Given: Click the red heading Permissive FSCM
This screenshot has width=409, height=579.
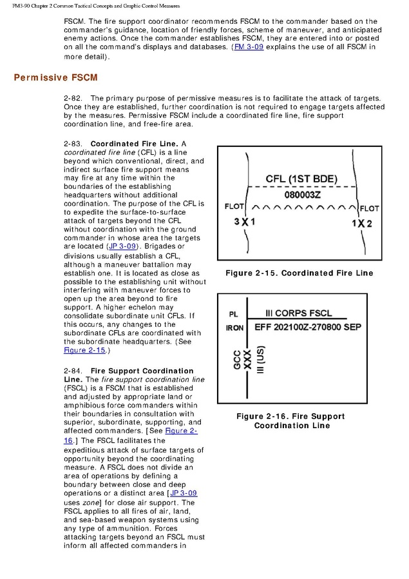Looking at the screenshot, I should click(55, 78).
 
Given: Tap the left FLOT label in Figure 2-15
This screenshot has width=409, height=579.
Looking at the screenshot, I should click(234, 208).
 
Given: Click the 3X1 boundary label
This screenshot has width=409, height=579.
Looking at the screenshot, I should click(245, 222).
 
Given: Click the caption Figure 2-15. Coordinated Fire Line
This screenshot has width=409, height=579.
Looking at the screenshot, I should click(299, 273).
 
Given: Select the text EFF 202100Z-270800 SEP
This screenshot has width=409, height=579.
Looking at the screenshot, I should click(308, 327).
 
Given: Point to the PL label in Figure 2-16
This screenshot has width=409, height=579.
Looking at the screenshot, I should click(234, 315).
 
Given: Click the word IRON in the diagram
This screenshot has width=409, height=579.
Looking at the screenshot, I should click(234, 328).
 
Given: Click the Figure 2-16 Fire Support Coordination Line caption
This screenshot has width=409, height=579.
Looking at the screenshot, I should click(291, 421).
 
